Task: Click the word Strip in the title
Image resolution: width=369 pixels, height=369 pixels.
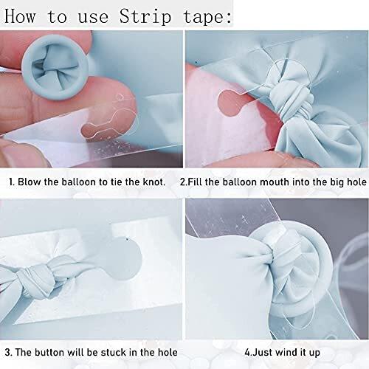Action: click(x=145, y=17)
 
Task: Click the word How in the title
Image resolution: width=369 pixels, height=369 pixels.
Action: click(x=20, y=16)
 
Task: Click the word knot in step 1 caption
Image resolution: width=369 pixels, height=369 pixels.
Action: click(x=154, y=182)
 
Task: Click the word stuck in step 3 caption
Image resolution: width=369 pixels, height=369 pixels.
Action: click(x=114, y=352)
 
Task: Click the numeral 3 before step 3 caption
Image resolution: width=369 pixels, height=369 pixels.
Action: click(x=7, y=352)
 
